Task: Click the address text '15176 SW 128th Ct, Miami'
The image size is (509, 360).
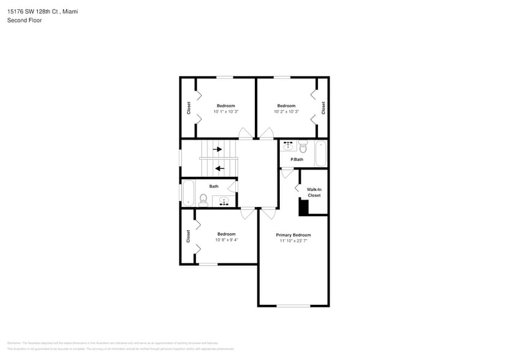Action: click(x=42, y=12)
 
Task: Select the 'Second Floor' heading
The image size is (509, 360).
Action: click(x=25, y=20)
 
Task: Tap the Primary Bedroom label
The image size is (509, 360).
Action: click(x=293, y=235)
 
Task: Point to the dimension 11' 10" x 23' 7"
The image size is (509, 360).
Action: click(x=293, y=241)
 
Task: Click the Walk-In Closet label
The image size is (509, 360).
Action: click(x=314, y=192)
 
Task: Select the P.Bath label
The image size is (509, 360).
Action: click(x=296, y=160)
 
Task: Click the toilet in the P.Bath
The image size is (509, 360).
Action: click(x=303, y=147)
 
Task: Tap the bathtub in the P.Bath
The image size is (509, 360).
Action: click(x=321, y=153)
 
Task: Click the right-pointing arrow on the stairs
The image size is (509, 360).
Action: click(x=217, y=149)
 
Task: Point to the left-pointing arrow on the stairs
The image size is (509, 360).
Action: click(x=219, y=168)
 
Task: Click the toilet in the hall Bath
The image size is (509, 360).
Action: click(x=203, y=200)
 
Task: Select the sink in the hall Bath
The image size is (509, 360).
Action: click(x=224, y=201)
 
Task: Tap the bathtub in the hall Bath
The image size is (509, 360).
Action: click(x=188, y=192)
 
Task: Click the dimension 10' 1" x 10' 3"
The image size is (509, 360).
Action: click(x=225, y=112)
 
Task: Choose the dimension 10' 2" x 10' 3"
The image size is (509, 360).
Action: click(x=286, y=112)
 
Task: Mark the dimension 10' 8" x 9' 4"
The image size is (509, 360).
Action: click(x=226, y=240)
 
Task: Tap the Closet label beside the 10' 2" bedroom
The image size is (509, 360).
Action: click(x=323, y=108)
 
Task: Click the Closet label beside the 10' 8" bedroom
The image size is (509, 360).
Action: click(x=188, y=236)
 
